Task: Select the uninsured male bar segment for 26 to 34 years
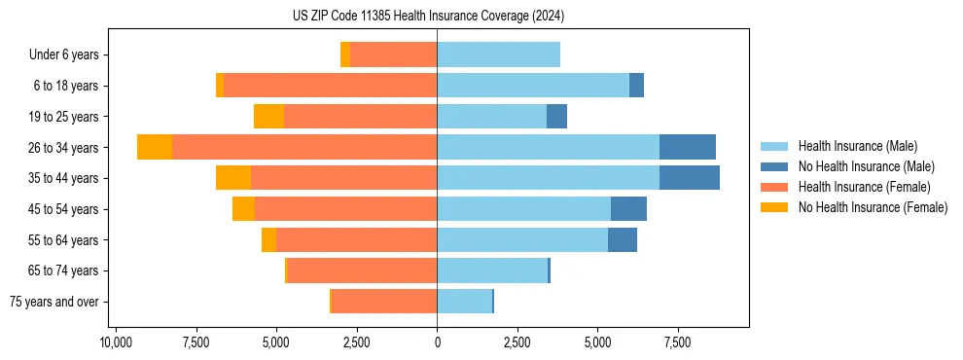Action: pos(687,147)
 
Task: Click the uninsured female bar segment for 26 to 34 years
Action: pos(155,147)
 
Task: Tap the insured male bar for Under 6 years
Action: pos(498,54)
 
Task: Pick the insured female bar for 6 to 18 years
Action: pos(330,86)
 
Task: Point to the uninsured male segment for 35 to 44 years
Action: pos(689,178)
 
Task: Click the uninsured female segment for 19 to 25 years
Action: pos(268,117)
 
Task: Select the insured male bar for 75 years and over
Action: pos(464,302)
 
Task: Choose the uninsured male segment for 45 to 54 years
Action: pos(628,209)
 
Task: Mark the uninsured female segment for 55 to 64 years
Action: pos(268,240)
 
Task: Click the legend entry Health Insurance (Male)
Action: pos(857,146)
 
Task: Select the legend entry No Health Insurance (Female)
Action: pos(872,207)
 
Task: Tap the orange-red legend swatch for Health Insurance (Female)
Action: pos(774,187)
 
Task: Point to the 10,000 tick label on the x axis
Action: pos(116,342)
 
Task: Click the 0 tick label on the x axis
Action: pos(437,342)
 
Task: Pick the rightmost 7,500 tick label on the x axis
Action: pos(677,342)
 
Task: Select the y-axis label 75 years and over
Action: pos(53,302)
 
